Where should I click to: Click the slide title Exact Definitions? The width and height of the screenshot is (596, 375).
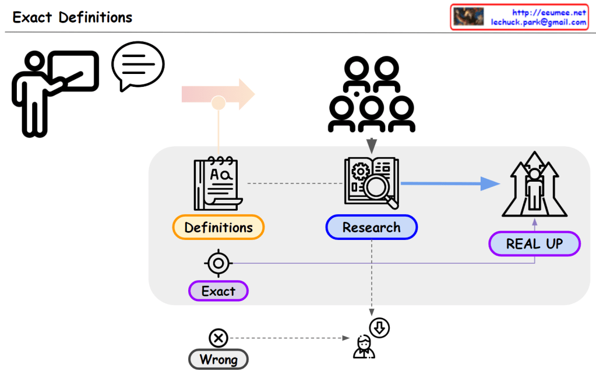point(72,17)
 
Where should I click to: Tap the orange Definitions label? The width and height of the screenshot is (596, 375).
point(218,227)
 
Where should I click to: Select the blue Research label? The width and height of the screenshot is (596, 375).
point(371,227)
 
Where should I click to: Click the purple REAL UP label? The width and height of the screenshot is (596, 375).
point(534,243)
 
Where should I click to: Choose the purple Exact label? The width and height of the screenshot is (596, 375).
point(218,291)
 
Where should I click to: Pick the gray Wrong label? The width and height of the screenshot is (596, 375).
point(218,359)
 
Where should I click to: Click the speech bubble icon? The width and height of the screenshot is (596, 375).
point(137,66)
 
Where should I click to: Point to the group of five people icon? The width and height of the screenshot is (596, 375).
point(372,93)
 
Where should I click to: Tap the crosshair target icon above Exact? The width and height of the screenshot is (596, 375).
point(218,264)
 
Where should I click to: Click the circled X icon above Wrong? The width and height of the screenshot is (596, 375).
point(218,337)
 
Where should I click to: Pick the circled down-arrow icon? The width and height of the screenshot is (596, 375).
point(379,327)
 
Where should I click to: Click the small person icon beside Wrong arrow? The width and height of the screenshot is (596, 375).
point(364,347)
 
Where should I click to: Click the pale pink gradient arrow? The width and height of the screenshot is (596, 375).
point(219,93)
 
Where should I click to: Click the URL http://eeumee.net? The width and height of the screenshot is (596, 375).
point(548,12)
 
